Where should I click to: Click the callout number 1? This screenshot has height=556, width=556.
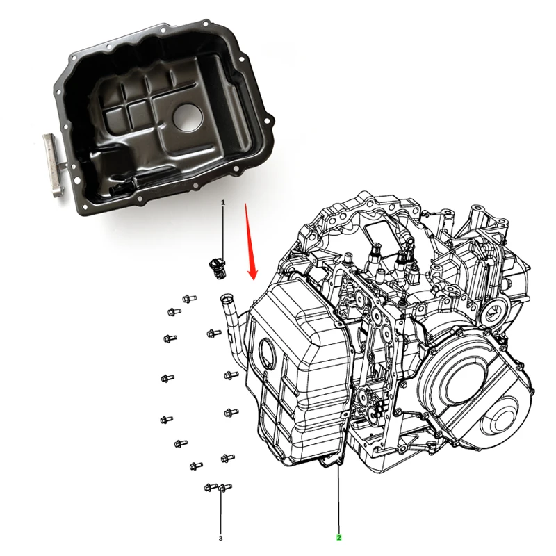click(223, 202)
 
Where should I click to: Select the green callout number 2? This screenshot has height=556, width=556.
click(338, 537)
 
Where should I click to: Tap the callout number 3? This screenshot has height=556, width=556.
click(220, 537)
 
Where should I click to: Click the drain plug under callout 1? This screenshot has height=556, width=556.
click(215, 268)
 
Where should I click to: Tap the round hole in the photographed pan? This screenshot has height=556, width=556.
click(187, 116)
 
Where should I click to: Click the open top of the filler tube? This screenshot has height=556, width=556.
click(226, 300)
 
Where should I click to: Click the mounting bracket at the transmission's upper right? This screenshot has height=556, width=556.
click(486, 222)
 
